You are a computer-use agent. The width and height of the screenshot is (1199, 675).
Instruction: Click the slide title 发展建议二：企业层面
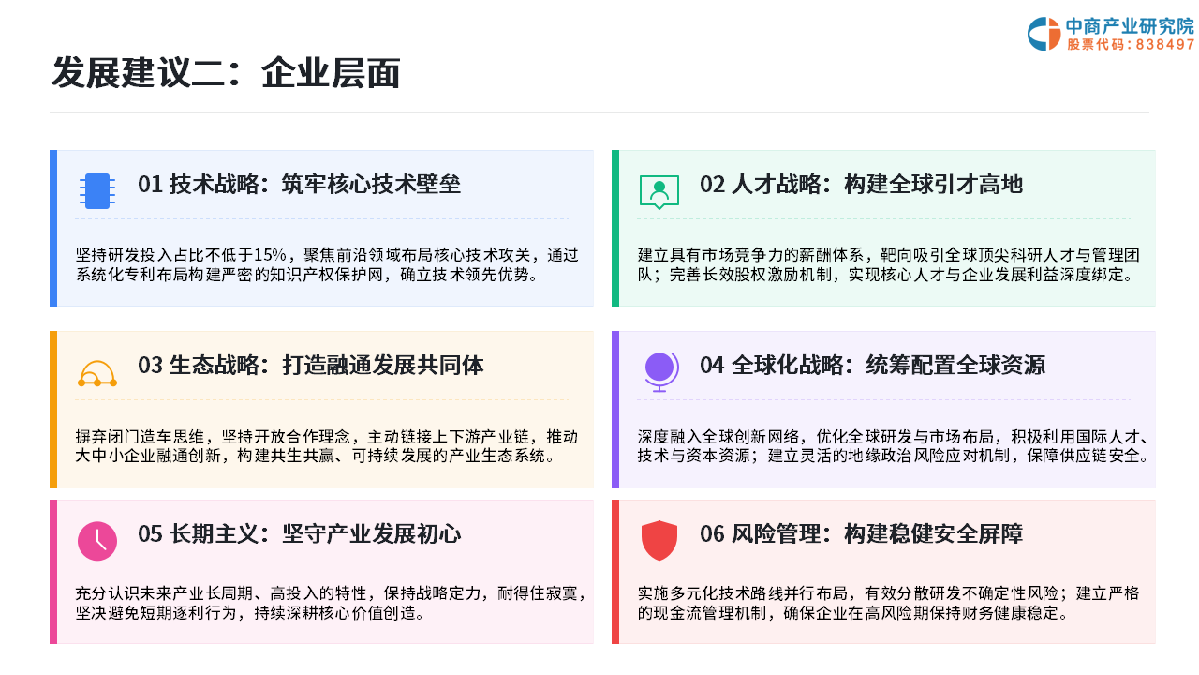coord(226,73)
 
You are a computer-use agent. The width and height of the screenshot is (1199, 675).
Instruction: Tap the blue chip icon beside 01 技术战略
coord(97,190)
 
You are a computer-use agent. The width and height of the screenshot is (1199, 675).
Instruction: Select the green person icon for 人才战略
coord(659,191)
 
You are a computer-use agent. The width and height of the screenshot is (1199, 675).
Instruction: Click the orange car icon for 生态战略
coord(97,373)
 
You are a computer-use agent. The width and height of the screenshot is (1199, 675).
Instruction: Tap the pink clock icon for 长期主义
coord(97,541)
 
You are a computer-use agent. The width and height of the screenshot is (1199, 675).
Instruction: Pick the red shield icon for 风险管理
coord(659,541)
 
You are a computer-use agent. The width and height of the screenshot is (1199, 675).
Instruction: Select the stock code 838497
coord(1164,44)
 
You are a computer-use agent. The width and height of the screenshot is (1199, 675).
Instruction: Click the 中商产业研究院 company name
coord(1130,25)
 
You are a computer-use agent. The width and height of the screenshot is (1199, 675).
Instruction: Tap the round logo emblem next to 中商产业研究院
coord(1044,34)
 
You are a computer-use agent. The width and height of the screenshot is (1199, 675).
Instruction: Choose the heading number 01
coord(150,185)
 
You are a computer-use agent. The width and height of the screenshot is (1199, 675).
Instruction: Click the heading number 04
coord(712,366)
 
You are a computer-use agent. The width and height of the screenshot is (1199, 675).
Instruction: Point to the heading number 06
coord(712,534)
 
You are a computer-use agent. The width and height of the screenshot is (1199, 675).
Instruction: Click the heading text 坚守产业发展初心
coord(372,534)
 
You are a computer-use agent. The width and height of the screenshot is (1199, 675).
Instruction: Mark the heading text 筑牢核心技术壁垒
coord(371,185)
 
